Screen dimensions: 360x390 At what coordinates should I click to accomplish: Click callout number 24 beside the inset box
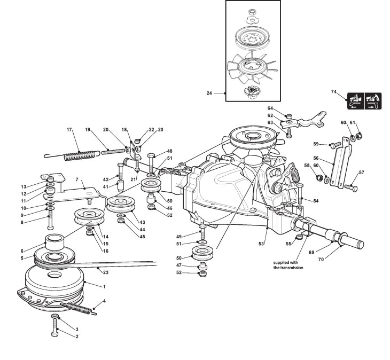(x=209, y=93)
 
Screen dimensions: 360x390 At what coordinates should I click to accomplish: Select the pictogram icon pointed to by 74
(x=365, y=101)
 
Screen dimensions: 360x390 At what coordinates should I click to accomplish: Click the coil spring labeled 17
(x=81, y=156)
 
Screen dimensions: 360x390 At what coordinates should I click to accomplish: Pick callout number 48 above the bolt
(x=170, y=151)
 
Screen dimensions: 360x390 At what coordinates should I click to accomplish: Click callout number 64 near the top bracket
(x=270, y=108)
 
